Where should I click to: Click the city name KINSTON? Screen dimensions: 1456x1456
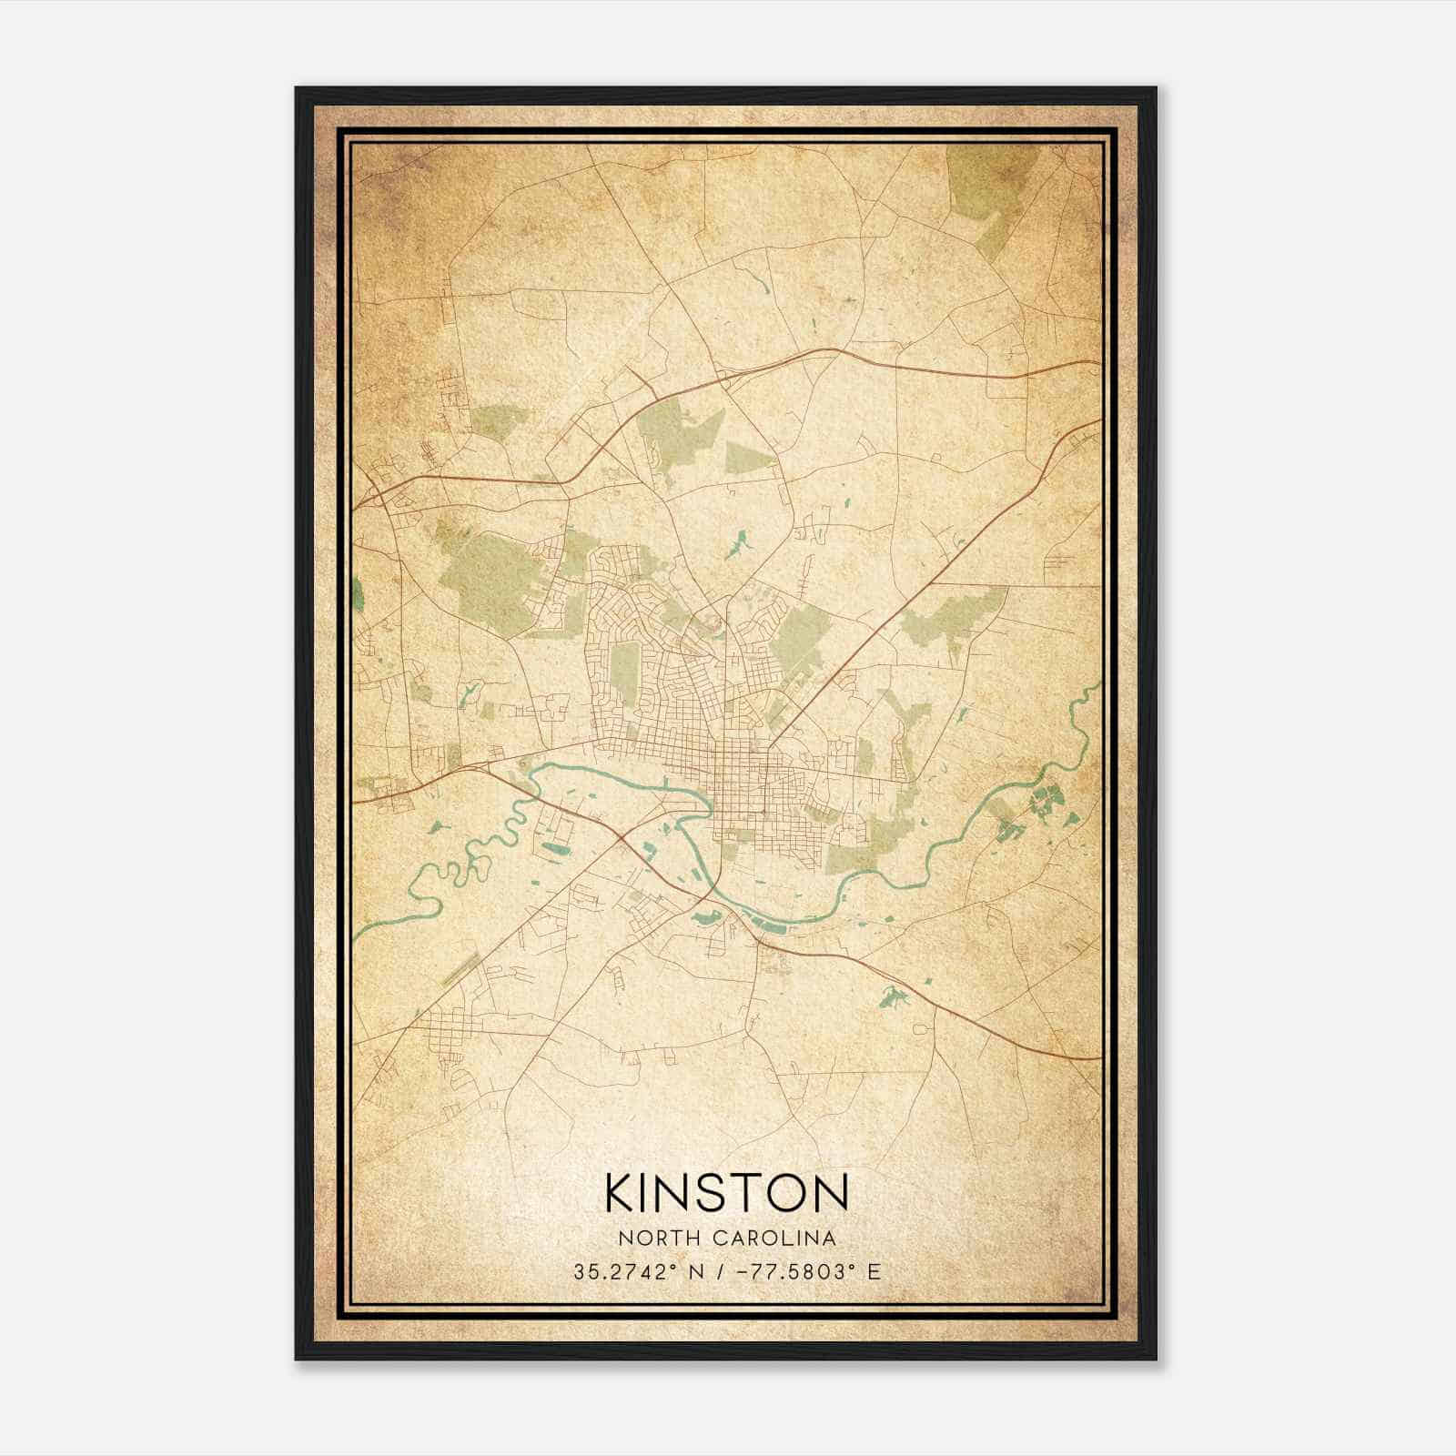point(726,1194)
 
